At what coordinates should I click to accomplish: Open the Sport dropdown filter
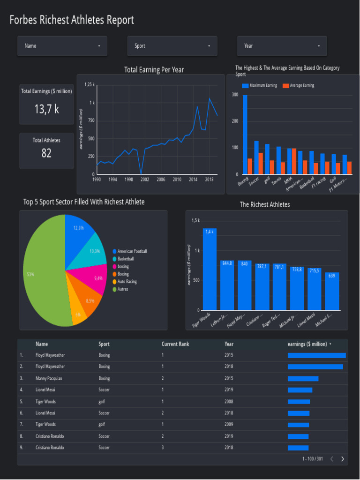coord(172,46)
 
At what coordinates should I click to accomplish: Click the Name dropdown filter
coord(62,46)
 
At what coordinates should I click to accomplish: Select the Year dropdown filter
coord(282,46)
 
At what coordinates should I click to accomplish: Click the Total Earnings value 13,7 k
coord(46,109)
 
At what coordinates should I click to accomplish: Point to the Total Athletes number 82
coord(46,153)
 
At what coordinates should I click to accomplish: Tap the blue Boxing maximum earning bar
coord(245,134)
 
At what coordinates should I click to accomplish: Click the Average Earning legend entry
coord(302,86)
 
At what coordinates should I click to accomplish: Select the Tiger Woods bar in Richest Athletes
coord(210,270)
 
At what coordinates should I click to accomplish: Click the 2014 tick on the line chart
coord(193,180)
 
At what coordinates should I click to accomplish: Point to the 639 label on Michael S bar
coord(332,276)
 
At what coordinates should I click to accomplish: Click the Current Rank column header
coord(175,344)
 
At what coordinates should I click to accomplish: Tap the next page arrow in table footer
coord(342,459)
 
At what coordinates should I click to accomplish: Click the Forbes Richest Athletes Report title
coord(72,20)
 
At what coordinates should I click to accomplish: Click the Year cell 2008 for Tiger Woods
coord(229,402)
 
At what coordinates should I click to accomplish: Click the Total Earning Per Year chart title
coord(154,70)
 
